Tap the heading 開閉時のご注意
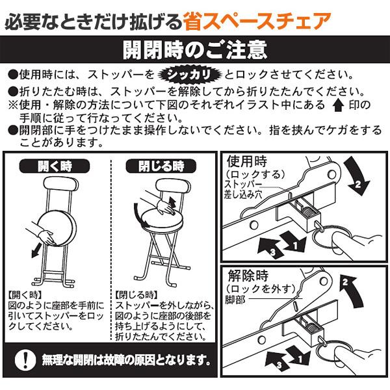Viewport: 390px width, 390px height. pos(194,51)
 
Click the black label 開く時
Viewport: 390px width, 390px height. pos(53,165)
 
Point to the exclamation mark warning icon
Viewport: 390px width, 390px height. pos(25,358)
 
